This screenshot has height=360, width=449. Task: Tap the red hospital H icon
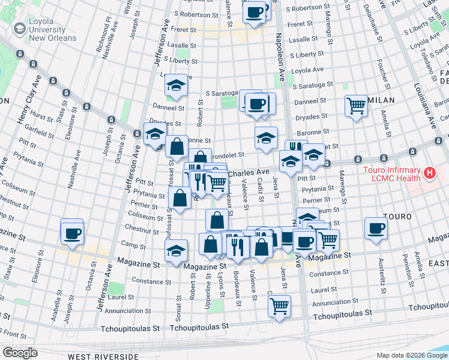click(x=429, y=174)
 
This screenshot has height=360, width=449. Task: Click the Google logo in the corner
click(x=20, y=353)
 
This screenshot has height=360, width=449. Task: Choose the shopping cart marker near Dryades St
click(x=357, y=106)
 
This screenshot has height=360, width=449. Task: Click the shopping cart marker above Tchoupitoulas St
click(x=279, y=305)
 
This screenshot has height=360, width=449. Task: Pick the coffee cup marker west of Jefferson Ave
click(x=72, y=233)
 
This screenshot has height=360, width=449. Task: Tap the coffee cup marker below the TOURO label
click(x=376, y=228)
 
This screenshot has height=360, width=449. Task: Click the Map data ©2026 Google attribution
click(x=411, y=355)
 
